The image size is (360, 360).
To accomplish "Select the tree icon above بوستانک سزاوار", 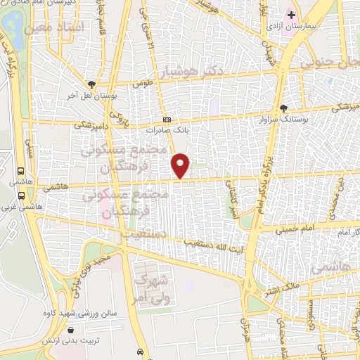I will pyautogui.click(x=284, y=108).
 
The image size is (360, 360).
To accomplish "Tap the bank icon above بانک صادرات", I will pyautogui.click(x=167, y=120).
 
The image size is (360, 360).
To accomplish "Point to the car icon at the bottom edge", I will pyautogui.click(x=141, y=352).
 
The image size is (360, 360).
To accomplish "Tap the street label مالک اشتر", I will pyautogui.click(x=281, y=285).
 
